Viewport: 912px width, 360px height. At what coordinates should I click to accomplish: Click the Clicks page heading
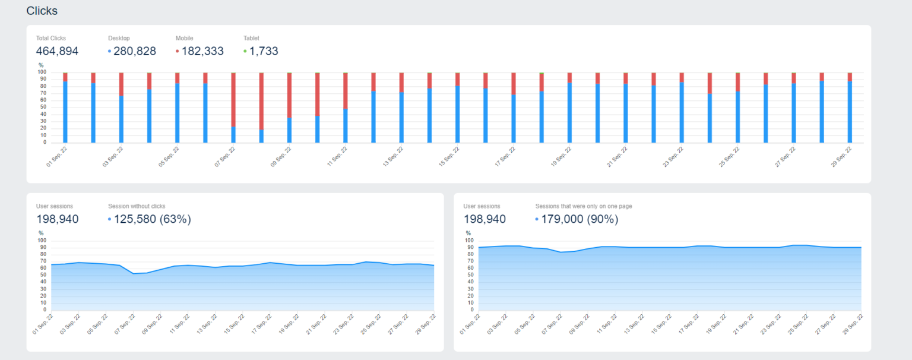point(42,11)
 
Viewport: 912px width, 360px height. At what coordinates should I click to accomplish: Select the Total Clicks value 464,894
point(57,51)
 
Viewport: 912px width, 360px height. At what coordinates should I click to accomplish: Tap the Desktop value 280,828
point(135,51)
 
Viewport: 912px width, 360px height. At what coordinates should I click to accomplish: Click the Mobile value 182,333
point(202,51)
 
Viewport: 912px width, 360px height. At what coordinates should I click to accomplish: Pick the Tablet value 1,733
point(264,51)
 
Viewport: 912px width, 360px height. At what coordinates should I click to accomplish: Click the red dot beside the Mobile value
point(177,52)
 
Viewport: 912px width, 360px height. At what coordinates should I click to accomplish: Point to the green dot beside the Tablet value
point(245,52)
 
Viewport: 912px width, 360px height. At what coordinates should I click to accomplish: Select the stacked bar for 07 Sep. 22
point(233,108)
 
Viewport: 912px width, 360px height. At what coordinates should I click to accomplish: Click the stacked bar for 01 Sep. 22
point(65,108)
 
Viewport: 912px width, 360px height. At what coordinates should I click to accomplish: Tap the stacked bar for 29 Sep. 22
point(850,108)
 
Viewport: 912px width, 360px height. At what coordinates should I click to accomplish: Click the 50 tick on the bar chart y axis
point(43,108)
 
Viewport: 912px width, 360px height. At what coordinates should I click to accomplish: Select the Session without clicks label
point(137,206)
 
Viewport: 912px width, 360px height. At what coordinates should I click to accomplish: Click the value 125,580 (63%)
point(152,219)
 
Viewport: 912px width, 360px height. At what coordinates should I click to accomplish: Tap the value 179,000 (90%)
point(579,219)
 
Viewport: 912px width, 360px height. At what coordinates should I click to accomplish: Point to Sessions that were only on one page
point(583,206)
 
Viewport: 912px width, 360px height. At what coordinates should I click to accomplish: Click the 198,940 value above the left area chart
point(57,219)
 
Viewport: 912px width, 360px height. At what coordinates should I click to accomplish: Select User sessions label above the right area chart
point(482,206)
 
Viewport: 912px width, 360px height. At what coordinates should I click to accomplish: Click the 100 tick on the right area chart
point(470,241)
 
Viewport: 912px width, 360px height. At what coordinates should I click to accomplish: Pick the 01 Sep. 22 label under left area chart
point(43,324)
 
